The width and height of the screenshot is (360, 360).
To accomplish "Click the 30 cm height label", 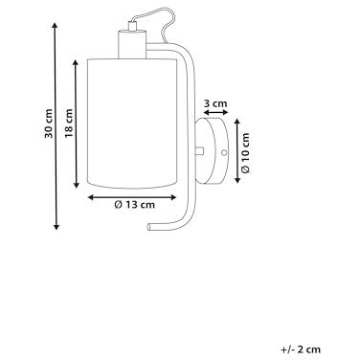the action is [48, 124].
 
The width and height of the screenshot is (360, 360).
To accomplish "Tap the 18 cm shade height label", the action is [69, 124].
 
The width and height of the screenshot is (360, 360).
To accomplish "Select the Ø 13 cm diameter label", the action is [134, 204].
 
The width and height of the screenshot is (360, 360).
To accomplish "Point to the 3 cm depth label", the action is [215, 103].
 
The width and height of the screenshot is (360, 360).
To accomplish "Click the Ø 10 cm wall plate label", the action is [245, 152].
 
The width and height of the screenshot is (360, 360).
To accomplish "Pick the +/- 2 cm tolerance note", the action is [301, 349].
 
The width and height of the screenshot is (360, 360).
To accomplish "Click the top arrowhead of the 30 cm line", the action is [56, 26].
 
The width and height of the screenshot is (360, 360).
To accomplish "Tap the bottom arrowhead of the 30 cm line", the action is [56, 227].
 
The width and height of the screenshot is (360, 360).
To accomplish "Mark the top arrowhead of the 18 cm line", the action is [76, 62].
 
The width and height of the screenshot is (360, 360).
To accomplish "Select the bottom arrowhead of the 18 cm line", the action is [77, 185].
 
